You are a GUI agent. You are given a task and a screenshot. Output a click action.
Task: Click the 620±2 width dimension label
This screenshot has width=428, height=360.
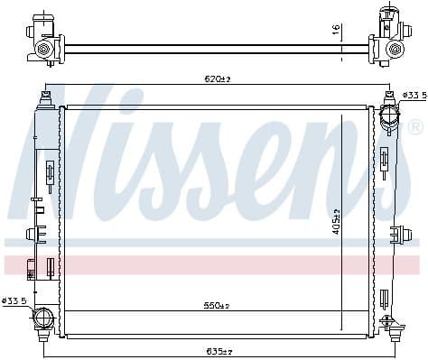point(217,80)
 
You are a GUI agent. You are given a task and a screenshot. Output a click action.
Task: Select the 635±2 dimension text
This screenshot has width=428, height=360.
point(219,350)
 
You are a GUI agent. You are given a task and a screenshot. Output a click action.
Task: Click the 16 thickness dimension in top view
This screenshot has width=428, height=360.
point(336,30)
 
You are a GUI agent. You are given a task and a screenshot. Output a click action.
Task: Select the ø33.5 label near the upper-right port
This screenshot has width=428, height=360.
point(412,95)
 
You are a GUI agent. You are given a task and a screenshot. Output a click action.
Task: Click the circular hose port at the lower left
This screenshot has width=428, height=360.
point(42,318)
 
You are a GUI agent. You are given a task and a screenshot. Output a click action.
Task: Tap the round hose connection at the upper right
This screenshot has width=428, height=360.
point(388,116)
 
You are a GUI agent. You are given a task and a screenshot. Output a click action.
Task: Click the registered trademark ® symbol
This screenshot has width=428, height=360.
point(414,126)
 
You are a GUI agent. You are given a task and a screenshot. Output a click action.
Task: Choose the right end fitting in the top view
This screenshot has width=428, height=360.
point(387,40)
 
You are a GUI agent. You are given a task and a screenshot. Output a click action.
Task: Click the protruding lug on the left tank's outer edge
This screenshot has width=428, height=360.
point(32,235)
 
